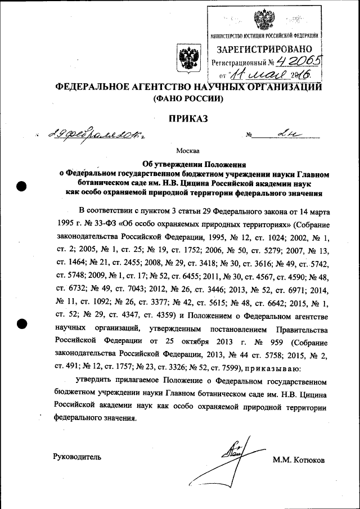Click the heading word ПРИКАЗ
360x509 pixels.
188,119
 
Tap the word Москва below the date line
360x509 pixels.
187,151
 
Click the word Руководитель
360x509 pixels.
78,457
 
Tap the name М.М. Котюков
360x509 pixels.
299,460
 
